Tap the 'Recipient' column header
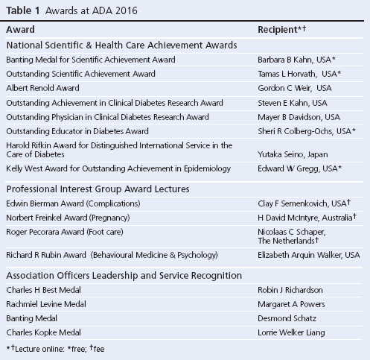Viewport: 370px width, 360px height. point(283,29)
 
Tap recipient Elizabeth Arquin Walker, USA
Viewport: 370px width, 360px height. point(308,255)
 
